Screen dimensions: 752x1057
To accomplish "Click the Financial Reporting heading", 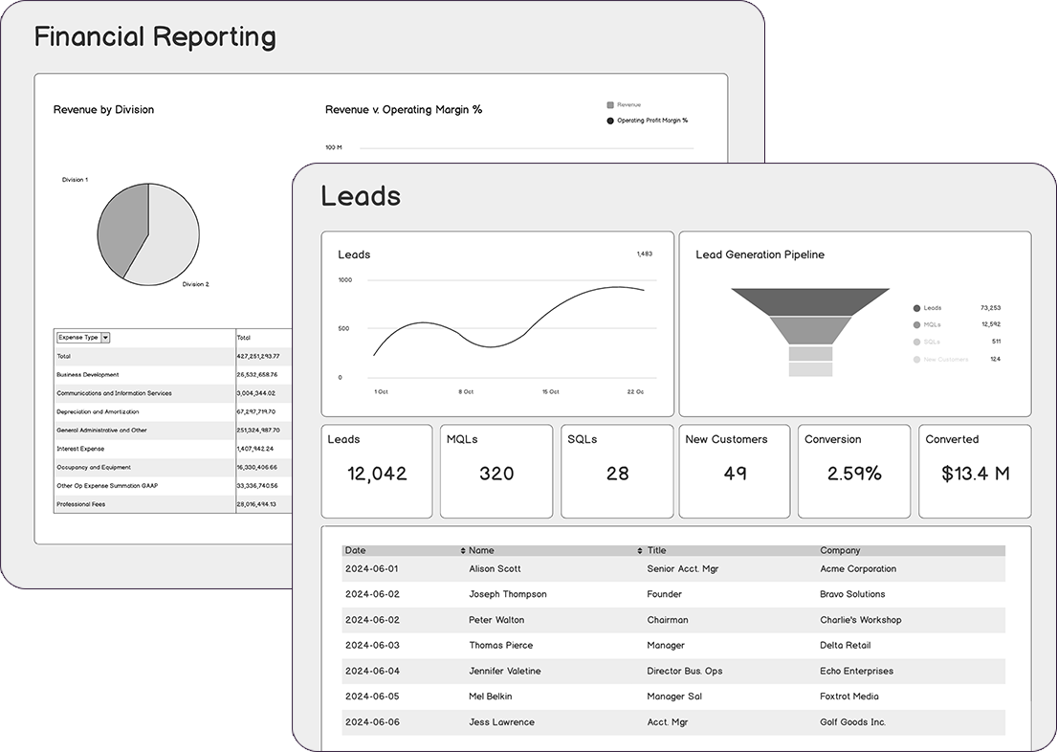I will click(155, 38).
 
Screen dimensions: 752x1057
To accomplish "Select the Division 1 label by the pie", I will click(75, 180).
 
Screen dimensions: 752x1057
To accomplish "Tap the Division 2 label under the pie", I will click(195, 284).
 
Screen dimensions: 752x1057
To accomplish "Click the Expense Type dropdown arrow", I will click(105, 338).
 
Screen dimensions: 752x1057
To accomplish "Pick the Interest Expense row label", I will click(80, 449).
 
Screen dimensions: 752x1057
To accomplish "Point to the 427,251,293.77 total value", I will click(257, 356).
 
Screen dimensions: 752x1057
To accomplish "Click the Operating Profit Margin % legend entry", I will click(651, 121).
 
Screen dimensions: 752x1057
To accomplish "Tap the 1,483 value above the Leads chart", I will click(644, 254).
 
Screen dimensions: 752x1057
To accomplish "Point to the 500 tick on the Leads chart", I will click(343, 328).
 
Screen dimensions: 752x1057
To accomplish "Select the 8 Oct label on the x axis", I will click(466, 392).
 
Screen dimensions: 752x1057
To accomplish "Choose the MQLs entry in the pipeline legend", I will click(932, 324).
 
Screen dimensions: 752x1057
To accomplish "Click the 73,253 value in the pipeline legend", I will click(990, 308).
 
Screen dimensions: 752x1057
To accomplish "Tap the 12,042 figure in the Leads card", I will click(377, 474).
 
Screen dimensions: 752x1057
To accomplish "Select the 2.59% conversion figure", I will click(854, 474).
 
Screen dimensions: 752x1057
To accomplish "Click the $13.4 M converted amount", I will click(975, 474).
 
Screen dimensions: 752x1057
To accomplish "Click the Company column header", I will click(840, 551).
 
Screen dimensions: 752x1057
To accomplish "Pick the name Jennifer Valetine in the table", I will click(504, 672).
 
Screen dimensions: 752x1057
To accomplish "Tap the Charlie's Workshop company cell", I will click(860, 620).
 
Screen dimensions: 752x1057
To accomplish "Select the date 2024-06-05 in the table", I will click(372, 697).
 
